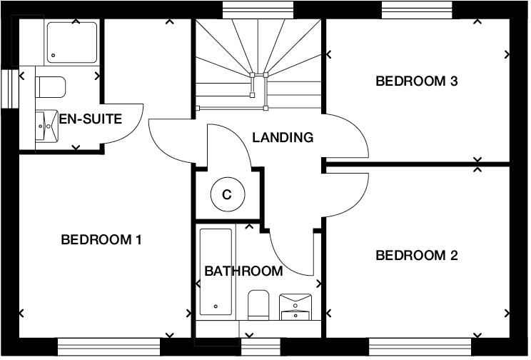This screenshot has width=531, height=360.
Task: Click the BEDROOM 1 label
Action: click(x=101, y=240)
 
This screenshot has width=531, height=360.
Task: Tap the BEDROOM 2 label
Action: click(x=416, y=255)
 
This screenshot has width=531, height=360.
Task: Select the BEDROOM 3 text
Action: click(x=416, y=81)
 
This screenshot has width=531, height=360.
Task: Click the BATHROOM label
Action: click(x=243, y=271)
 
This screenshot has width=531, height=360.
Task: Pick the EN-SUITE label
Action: click(x=90, y=119)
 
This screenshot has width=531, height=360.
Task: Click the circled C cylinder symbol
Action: click(x=228, y=194)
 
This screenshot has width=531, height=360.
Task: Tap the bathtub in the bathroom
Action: click(x=216, y=272)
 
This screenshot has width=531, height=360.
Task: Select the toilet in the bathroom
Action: click(x=258, y=304)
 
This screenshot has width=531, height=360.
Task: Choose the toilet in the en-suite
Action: click(x=50, y=87)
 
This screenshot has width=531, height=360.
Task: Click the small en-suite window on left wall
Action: click(x=9, y=88)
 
